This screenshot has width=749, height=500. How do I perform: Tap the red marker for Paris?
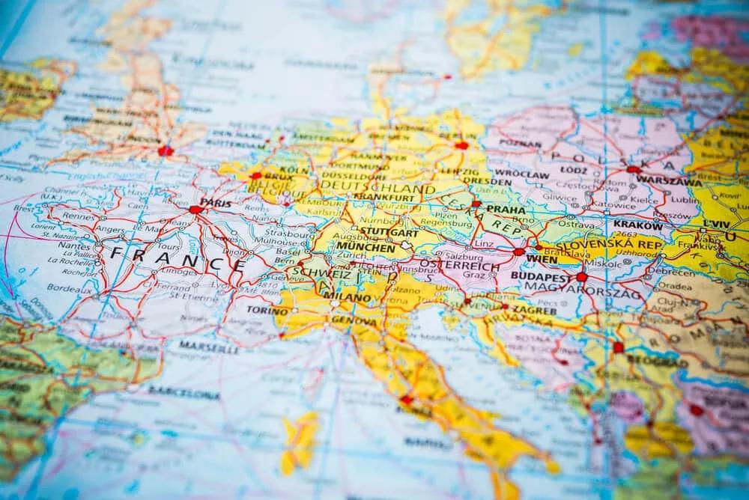[196, 210]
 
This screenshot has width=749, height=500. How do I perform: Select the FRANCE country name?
[178, 257]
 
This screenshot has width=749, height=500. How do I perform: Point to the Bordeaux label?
[64, 287]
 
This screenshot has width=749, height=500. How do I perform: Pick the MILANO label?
[347, 297]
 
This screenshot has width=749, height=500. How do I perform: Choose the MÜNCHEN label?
[366, 247]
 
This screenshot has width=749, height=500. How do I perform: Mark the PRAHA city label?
[506, 210]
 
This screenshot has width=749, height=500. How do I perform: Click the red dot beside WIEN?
[519, 252]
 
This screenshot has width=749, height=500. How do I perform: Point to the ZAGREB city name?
[535, 310]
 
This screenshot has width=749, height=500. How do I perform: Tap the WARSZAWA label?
[675, 182]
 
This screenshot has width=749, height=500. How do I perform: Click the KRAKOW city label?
[637, 225]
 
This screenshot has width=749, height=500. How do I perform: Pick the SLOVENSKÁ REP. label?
[607, 245]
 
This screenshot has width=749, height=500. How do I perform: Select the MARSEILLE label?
[209, 348]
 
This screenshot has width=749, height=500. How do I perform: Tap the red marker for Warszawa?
[634, 171]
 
